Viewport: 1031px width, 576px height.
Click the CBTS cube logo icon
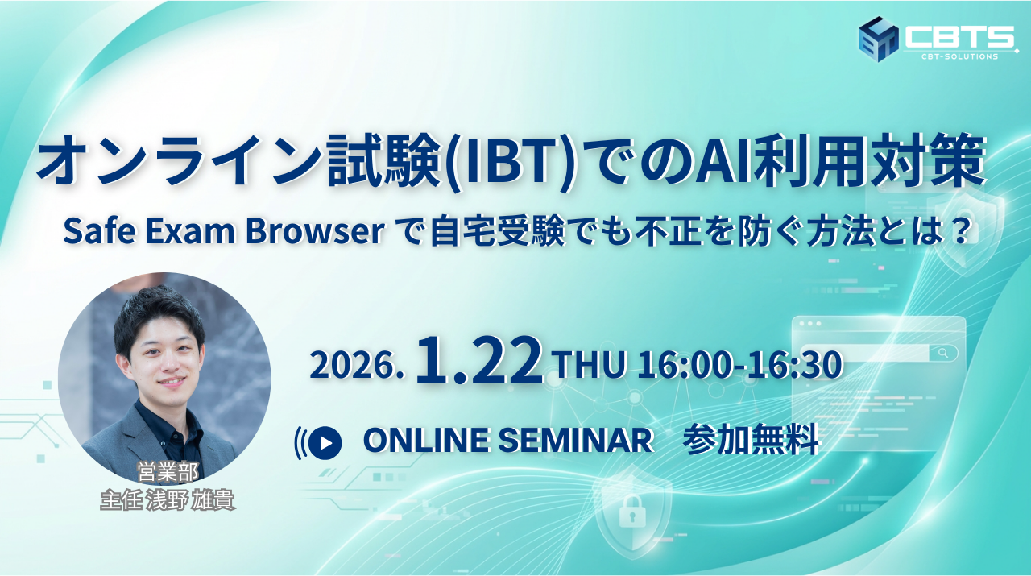[x=878, y=39]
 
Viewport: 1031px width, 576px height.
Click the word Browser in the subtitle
[x=315, y=230]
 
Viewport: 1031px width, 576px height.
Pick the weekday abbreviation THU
[x=590, y=364]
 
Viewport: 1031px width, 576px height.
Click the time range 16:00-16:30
[x=739, y=364]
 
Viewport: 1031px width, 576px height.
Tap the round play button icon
[x=325, y=443]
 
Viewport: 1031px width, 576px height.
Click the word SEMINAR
[x=576, y=440]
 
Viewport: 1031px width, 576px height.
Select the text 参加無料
[x=752, y=440]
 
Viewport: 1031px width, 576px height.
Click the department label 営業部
[x=168, y=472]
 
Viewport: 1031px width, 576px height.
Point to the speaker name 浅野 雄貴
[x=190, y=500]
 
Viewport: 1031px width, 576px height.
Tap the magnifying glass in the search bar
[x=943, y=353]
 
